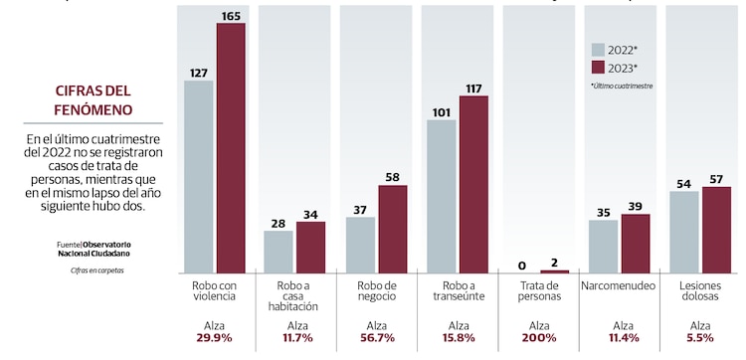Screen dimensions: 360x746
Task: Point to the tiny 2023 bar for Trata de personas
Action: tap(555, 271)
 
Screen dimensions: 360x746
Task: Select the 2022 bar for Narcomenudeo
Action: tap(603, 247)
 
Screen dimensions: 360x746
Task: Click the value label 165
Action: tap(231, 15)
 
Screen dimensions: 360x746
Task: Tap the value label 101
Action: tap(441, 111)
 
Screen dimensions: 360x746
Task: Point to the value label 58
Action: tap(393, 177)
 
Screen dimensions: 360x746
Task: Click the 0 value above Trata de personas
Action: tap(522, 265)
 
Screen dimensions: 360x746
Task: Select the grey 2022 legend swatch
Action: tap(598, 50)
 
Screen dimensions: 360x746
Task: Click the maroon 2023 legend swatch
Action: tap(598, 68)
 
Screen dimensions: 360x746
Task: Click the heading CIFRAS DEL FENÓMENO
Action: tap(93, 99)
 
